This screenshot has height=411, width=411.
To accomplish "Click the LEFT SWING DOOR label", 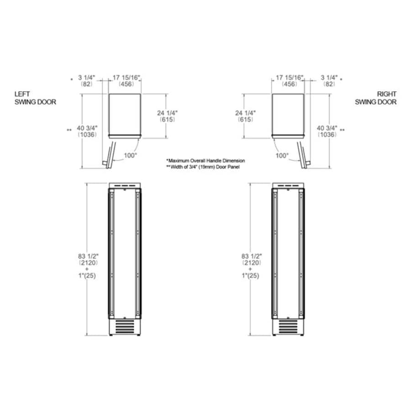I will coord(35,98).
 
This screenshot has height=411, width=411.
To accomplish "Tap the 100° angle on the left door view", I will coord(130,155).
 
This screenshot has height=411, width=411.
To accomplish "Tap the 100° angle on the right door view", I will coord(282,155).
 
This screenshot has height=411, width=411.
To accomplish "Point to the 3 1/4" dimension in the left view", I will coord(87,78).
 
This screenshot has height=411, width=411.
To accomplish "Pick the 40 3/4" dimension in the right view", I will coord(327,128).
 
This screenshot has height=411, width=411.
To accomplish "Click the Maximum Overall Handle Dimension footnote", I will coord(205,161).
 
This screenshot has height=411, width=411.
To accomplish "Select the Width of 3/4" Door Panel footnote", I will coord(203,167).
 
